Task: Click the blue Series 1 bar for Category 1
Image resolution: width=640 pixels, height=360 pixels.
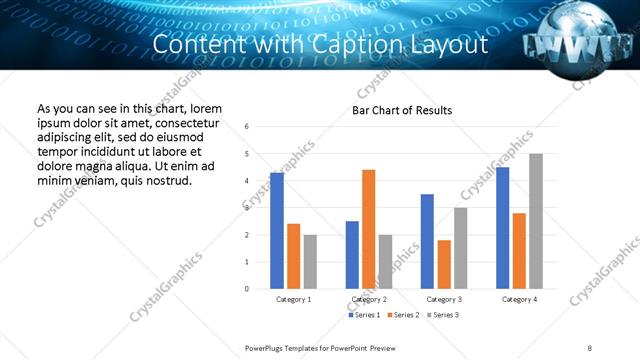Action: pyautogui.click(x=277, y=231)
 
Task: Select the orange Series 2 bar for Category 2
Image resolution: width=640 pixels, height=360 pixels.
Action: pyautogui.click(x=368, y=229)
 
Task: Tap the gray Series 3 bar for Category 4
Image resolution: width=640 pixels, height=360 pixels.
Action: pyautogui.click(x=536, y=221)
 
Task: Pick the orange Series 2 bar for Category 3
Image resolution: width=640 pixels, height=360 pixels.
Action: pyautogui.click(x=444, y=264)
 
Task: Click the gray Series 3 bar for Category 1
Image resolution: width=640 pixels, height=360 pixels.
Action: pyautogui.click(x=310, y=262)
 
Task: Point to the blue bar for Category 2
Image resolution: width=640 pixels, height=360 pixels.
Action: pyautogui.click(x=352, y=255)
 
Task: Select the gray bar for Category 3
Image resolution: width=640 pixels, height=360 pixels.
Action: pyautogui.click(x=460, y=248)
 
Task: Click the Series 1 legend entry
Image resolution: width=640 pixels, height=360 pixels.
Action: pyautogui.click(x=364, y=315)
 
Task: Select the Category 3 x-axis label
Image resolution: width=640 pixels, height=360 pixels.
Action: pyautogui.click(x=444, y=299)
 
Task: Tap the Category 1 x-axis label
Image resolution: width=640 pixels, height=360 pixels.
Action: pyautogui.click(x=293, y=299)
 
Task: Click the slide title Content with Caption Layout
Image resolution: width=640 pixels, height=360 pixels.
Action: pyautogui.click(x=321, y=46)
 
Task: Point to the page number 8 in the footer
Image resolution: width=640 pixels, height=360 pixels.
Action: pyautogui.click(x=590, y=347)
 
